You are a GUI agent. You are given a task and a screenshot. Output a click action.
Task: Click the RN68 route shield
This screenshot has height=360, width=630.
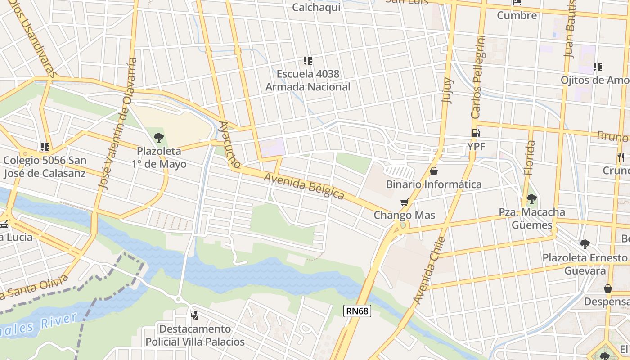[x=357, y=310]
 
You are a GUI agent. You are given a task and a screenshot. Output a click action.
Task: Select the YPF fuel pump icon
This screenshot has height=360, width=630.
[x=475, y=133]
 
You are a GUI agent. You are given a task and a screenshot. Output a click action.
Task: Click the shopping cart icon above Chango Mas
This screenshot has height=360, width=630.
[x=404, y=202]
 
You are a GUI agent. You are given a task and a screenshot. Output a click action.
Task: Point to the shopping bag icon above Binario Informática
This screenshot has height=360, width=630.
[x=434, y=171]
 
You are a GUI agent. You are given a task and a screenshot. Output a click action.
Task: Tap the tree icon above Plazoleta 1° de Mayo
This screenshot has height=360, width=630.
[x=158, y=138]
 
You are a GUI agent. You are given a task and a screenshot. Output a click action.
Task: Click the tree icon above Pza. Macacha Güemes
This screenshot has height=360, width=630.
[x=531, y=198]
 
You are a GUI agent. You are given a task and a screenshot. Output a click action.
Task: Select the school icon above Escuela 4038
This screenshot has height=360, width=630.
[x=308, y=60]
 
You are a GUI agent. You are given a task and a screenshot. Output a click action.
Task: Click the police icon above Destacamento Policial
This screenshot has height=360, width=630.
[x=194, y=315]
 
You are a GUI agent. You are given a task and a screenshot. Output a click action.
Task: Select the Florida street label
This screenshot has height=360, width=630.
[x=530, y=157]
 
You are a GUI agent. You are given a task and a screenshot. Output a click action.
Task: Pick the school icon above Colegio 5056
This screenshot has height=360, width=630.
[x=45, y=147]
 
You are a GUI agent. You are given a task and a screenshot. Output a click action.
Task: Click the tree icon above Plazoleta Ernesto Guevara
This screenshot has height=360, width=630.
[x=585, y=244]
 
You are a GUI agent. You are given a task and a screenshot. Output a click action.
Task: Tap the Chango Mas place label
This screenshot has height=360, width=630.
[x=405, y=215]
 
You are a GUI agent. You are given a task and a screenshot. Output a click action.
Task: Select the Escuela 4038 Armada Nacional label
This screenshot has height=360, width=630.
[x=308, y=80]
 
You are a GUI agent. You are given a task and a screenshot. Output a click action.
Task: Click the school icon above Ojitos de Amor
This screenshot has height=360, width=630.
[x=597, y=67]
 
